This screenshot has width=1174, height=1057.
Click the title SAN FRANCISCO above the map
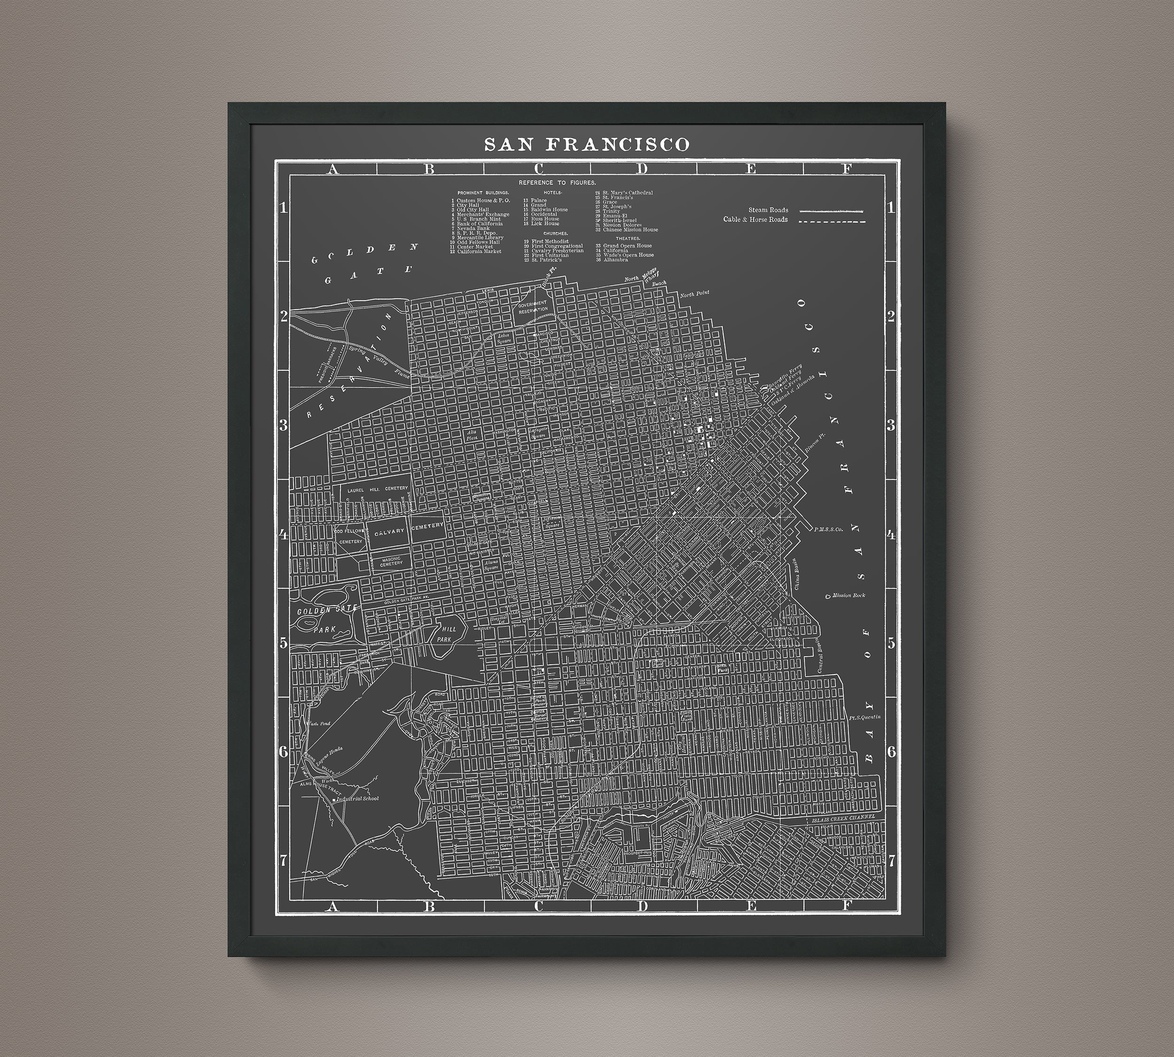pyautogui.click(x=587, y=144)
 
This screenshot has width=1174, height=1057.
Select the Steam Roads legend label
pyautogui.click(x=768, y=210)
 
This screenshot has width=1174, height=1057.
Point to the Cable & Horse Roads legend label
pyautogui.click(x=756, y=219)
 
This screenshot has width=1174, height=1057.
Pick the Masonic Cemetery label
pyautogui.click(x=391, y=561)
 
